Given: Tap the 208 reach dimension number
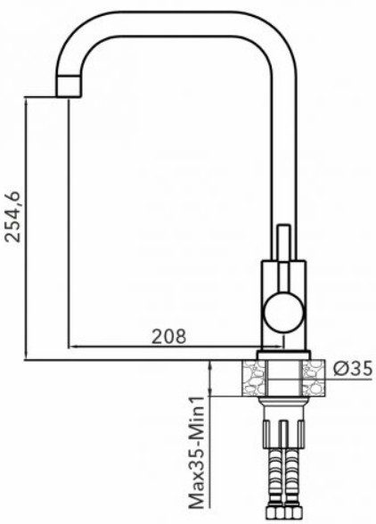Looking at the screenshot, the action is tap(168, 337).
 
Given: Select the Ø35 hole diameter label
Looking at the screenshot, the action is tap(353, 369).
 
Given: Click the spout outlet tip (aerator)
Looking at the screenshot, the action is tap(69, 86).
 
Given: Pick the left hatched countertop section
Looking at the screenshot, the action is tap(254, 378).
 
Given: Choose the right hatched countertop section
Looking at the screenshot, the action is tap(314, 378).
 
